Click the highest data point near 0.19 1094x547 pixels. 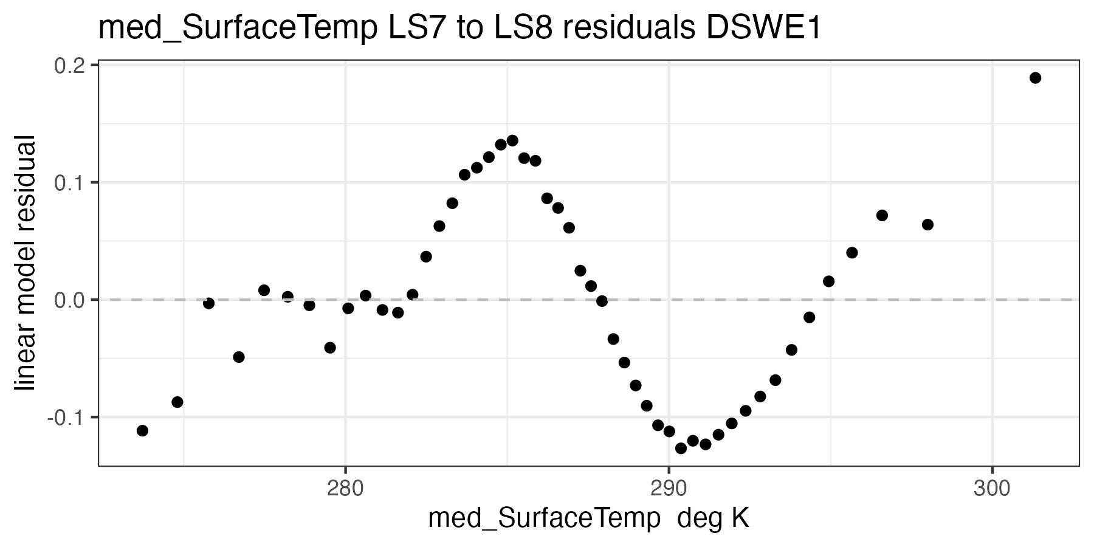coord(1035,78)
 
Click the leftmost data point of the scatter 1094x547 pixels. coord(142,430)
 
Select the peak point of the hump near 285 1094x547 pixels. coord(512,140)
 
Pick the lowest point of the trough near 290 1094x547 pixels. coord(681,448)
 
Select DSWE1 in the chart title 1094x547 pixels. coord(763,29)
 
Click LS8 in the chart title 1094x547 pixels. coord(519,29)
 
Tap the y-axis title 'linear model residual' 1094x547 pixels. coord(26,264)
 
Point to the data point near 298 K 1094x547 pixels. coord(927,224)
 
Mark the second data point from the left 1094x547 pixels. coord(177,402)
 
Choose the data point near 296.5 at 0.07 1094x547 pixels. coord(882,215)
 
